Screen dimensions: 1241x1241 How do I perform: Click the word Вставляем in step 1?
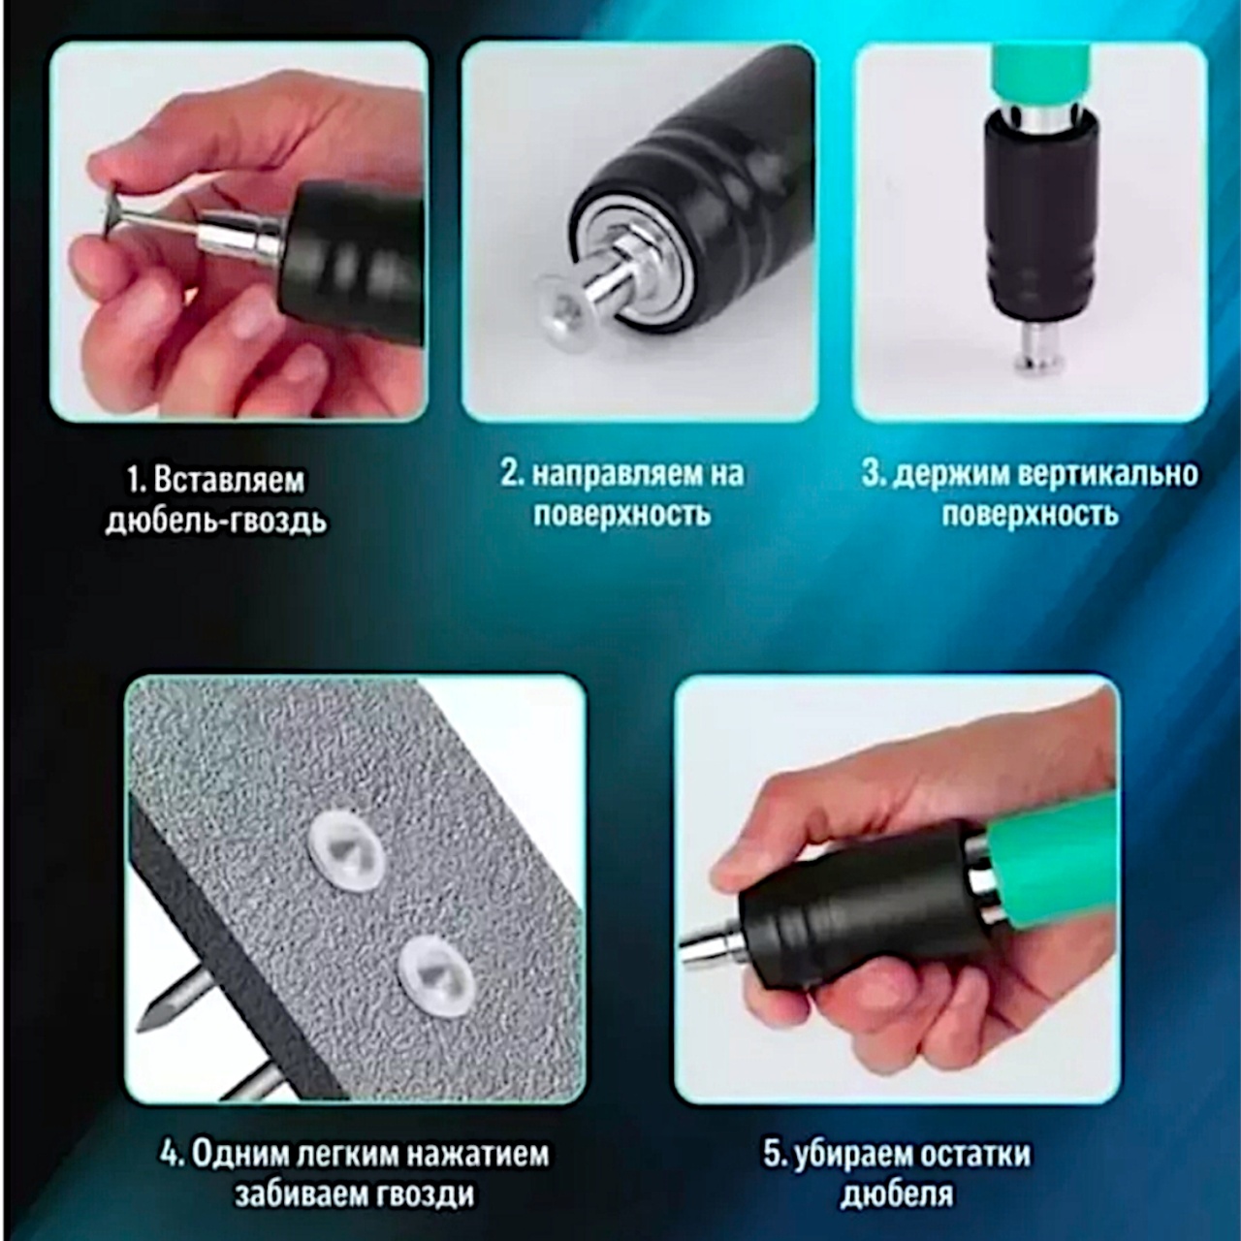229,481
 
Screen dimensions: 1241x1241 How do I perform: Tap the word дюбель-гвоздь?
216,522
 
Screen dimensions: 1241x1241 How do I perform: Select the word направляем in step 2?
618,475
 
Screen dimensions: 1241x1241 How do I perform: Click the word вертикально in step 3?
1108,475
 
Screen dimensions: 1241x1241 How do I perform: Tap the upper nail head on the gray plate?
347,850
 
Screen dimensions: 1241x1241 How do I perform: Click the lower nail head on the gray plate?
436,977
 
